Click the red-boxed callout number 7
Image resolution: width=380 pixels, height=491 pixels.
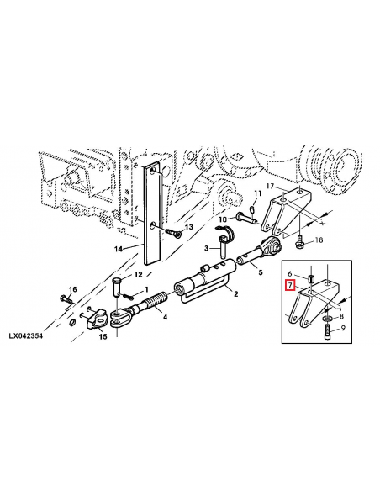pos(290,286)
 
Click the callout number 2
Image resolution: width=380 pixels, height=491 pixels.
pos(236,293)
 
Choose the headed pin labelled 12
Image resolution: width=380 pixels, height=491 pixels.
pos(117,286)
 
